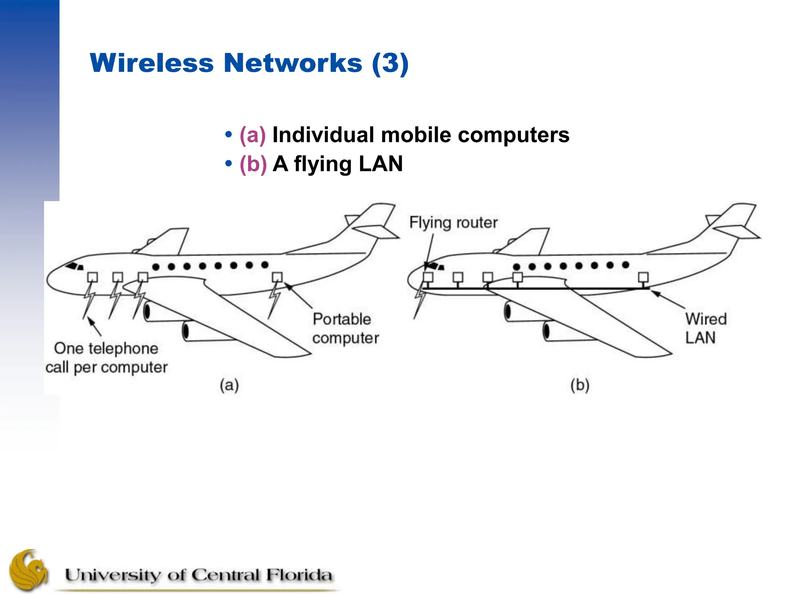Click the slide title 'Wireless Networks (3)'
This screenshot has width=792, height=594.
tap(249, 63)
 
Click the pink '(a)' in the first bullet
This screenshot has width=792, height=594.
tap(253, 135)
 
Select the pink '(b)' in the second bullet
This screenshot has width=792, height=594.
tap(253, 164)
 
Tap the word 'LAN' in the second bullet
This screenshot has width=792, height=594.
tap(381, 164)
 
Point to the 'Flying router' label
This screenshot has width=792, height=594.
tap(453, 223)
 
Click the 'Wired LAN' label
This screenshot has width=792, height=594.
tap(705, 328)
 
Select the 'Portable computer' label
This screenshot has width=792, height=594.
tap(345, 328)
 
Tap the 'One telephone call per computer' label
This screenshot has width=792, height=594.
tap(106, 358)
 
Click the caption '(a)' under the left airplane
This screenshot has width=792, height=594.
tap(229, 385)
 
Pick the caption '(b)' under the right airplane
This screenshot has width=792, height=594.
tap(580, 385)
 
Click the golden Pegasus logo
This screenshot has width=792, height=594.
tap(28, 570)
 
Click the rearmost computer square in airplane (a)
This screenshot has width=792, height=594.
tap(277, 277)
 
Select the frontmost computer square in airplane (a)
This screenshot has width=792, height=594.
tap(92, 277)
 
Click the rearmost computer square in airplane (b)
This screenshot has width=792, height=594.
tap(643, 277)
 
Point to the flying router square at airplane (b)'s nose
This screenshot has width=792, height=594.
tap(428, 277)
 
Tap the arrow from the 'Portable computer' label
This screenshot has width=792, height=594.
tap(299, 296)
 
